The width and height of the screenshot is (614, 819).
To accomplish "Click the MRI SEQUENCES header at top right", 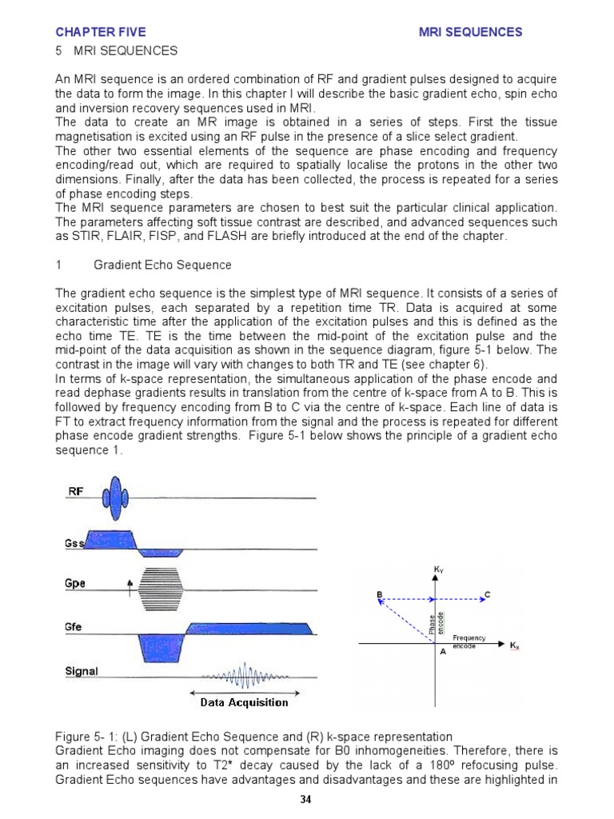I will coord(471,33).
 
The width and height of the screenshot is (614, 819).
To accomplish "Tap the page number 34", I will coord(307,800).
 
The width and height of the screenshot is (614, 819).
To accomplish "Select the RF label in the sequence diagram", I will coord(75,492).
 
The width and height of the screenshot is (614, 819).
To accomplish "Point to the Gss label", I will coord(74,544).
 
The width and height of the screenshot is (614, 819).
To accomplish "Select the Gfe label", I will coord(75,629).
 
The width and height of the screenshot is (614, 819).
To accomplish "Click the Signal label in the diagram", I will coord(81,672).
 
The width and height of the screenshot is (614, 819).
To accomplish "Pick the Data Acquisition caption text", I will coord(244,703).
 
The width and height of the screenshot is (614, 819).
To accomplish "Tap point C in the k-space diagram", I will coord(487,593).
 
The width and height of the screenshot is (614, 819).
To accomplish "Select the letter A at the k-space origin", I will coord(443,652).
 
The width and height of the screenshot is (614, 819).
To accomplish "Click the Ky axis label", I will coord(437,569).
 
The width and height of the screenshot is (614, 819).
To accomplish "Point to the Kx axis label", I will coord(515,644).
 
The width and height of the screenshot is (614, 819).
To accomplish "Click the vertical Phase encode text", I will coord(433,621).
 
